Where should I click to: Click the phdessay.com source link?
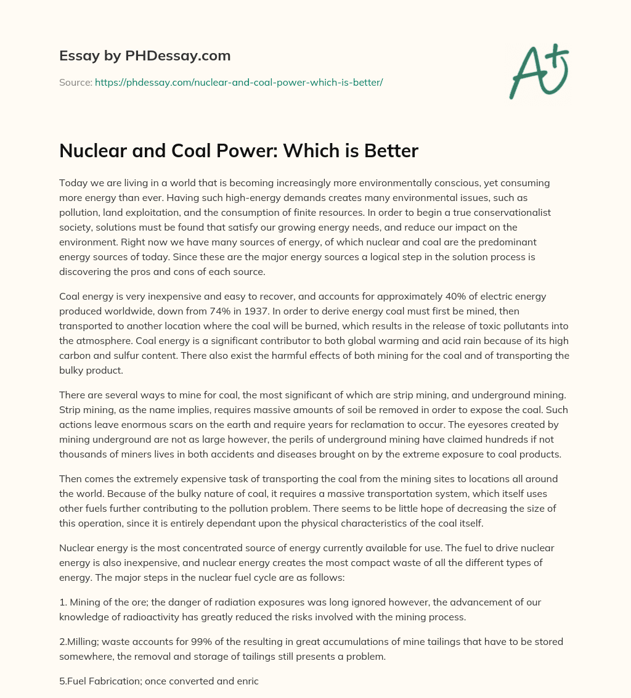pyautogui.click(x=238, y=82)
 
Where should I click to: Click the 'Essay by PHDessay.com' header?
pyautogui.click(x=145, y=56)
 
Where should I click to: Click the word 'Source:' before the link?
pyautogui.click(x=75, y=82)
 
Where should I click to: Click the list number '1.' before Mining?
pyautogui.click(x=63, y=601)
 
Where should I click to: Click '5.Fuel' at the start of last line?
pyautogui.click(x=73, y=681)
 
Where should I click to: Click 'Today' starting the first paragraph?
pyautogui.click(x=72, y=183)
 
